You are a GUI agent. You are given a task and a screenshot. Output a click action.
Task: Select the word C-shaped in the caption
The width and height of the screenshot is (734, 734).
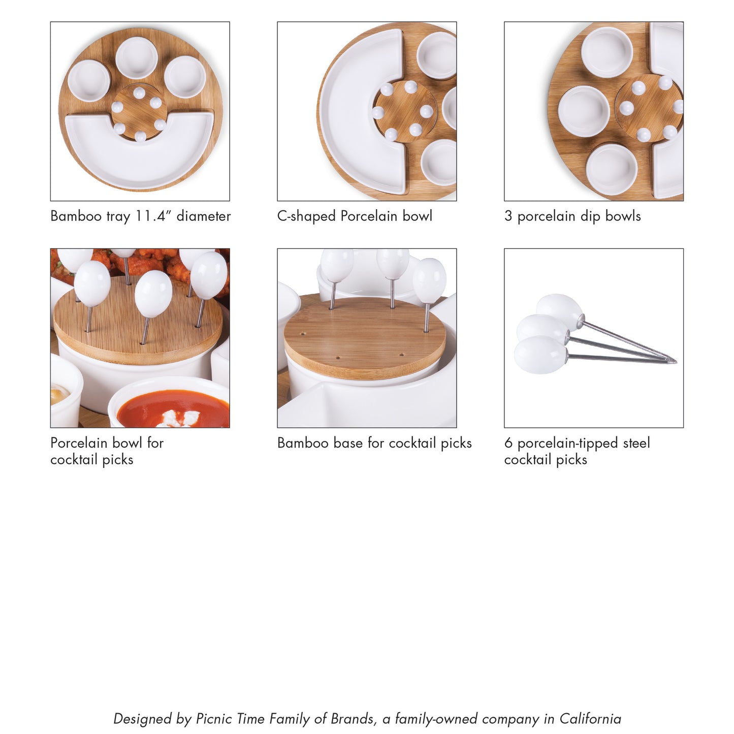tap(306, 216)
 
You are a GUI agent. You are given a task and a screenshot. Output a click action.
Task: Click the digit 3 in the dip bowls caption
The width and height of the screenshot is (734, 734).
tap(508, 216)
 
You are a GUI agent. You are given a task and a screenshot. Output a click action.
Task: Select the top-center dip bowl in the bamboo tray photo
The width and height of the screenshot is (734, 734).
tap(136, 57)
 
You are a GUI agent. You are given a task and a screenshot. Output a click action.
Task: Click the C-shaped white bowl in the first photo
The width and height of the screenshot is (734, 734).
tap(140, 160)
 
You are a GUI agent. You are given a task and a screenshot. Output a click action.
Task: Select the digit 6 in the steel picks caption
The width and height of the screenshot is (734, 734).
tap(508, 443)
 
